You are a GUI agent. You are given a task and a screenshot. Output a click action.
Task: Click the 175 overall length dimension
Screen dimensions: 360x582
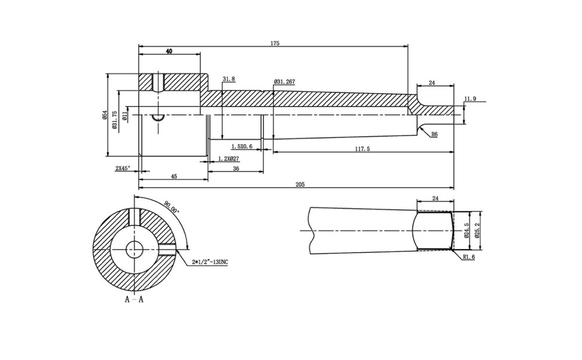(275, 43)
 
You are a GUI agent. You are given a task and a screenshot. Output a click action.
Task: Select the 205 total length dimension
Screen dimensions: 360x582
(300, 185)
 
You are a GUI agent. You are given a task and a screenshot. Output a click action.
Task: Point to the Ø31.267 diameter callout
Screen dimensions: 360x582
(284, 82)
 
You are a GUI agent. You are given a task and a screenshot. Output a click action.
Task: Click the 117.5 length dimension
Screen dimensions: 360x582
(362, 149)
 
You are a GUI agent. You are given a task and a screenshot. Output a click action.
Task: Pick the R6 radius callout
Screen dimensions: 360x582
(434, 135)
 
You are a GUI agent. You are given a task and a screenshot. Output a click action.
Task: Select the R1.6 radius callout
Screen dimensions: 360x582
(469, 257)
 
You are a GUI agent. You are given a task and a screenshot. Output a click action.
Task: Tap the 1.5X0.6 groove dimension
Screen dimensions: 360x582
(242, 146)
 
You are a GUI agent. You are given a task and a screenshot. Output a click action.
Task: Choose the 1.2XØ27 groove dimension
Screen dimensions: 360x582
(229, 158)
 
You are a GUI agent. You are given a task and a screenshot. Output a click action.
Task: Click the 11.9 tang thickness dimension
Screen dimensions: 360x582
(470, 99)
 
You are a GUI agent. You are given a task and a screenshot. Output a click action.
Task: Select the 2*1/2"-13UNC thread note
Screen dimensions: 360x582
(210, 262)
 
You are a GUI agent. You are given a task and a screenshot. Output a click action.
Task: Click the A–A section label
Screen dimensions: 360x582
(134, 299)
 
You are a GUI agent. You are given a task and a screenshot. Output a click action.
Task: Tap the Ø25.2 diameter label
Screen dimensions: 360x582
(477, 231)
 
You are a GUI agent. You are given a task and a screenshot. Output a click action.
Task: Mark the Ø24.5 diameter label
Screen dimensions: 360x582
(467, 231)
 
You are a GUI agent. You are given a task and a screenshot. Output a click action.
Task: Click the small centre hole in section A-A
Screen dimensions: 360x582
(134, 248)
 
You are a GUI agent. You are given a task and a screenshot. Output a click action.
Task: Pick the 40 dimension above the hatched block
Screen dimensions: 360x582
(169, 52)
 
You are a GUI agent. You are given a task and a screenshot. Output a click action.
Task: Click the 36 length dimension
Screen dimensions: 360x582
(236, 169)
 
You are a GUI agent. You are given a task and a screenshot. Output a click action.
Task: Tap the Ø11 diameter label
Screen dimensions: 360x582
(124, 115)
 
